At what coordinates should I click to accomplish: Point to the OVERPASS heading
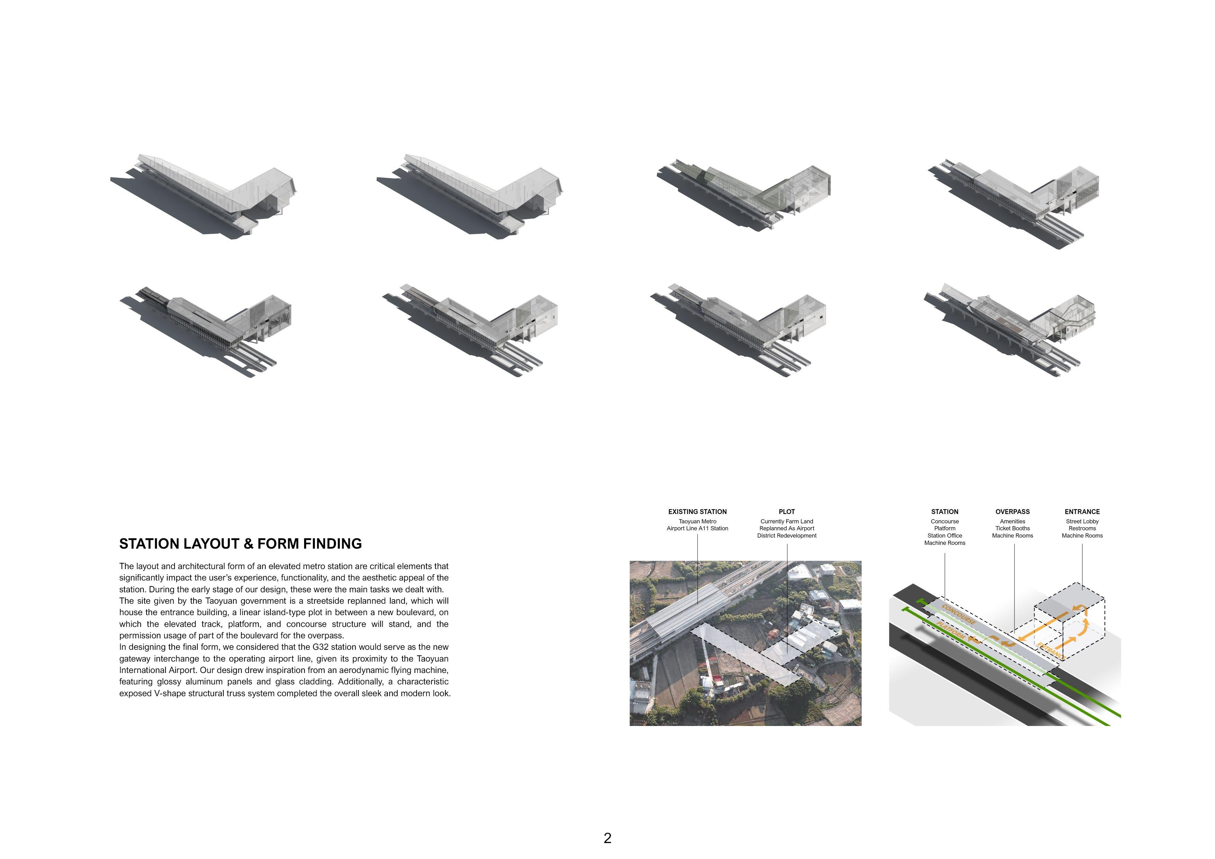(1012, 512)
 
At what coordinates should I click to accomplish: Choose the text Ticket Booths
(1012, 528)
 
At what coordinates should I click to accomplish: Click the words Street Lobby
(1082, 521)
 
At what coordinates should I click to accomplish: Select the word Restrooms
(1082, 528)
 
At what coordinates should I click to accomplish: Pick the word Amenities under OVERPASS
(1012, 521)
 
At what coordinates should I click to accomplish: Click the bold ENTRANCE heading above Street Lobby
(1082, 512)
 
